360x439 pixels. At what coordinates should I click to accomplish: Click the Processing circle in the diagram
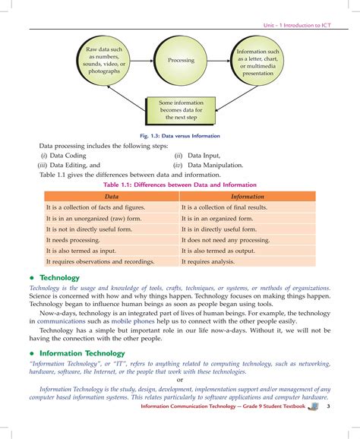pos(181,60)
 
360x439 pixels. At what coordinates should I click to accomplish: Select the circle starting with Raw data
pos(103,60)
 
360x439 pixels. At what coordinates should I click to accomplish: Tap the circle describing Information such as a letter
pos(257,61)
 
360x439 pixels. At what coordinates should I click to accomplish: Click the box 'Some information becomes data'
pos(181,111)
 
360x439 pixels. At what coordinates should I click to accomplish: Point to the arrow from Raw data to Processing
pos(141,60)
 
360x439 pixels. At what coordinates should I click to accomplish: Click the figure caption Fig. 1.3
pos(180,136)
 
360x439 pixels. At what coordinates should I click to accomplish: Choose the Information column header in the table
pos(247,196)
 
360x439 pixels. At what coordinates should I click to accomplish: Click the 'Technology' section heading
pos(54,278)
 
